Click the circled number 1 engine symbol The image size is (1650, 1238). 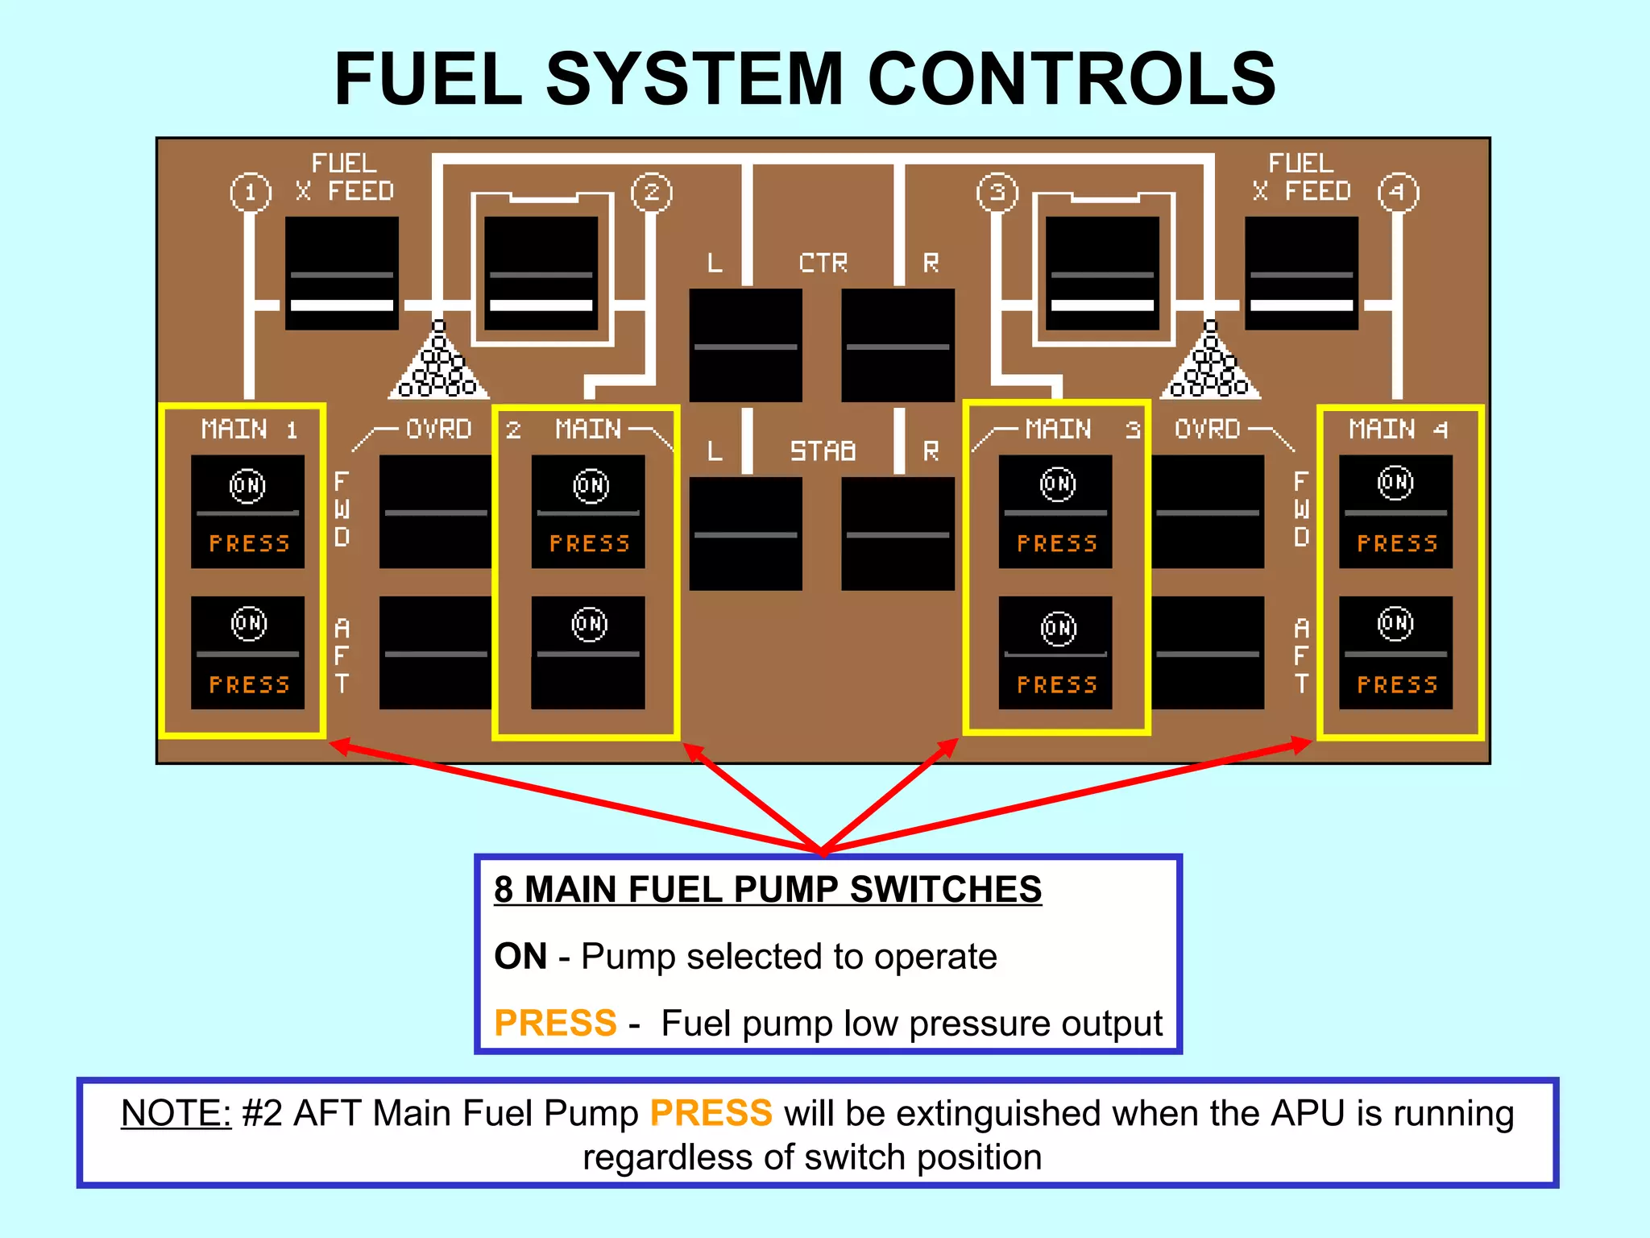[251, 193]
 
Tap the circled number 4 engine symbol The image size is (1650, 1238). [1398, 193]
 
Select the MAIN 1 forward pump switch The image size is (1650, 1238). [248, 512]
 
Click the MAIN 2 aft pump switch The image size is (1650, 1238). [588, 653]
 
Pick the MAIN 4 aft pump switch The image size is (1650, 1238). [1395, 653]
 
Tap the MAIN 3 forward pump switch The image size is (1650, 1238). [1055, 512]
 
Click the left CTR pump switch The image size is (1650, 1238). [745, 345]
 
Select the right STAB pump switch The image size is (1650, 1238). [898, 534]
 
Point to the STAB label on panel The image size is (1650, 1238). [823, 451]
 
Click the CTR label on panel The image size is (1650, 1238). [823, 263]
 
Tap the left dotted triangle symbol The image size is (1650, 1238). [438, 364]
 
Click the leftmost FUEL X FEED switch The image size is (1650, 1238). [342, 272]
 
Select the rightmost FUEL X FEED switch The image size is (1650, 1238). [1301, 272]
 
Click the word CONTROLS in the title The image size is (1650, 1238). [1072, 78]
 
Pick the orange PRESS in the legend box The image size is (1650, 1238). [555, 1023]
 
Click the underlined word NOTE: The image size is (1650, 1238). [176, 1113]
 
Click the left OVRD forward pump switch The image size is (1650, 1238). [435, 512]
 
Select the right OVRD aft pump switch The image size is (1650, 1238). [1208, 653]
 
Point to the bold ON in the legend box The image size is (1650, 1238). [520, 956]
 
